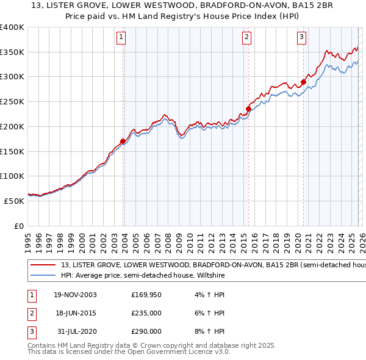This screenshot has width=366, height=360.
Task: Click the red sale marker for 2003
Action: click(x=123, y=142)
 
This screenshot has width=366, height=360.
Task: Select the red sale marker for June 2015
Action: click(x=248, y=109)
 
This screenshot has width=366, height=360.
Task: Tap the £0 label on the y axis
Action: click(x=18, y=226)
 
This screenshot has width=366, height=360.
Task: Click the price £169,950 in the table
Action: click(x=146, y=295)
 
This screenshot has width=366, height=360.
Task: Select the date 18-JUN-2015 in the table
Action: click(x=75, y=313)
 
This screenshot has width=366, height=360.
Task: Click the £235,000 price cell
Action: click(x=146, y=313)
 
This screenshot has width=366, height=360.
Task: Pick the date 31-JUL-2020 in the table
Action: click(x=75, y=331)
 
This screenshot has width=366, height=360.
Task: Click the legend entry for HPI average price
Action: click(x=143, y=276)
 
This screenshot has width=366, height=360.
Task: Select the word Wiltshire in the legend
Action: click(x=209, y=276)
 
